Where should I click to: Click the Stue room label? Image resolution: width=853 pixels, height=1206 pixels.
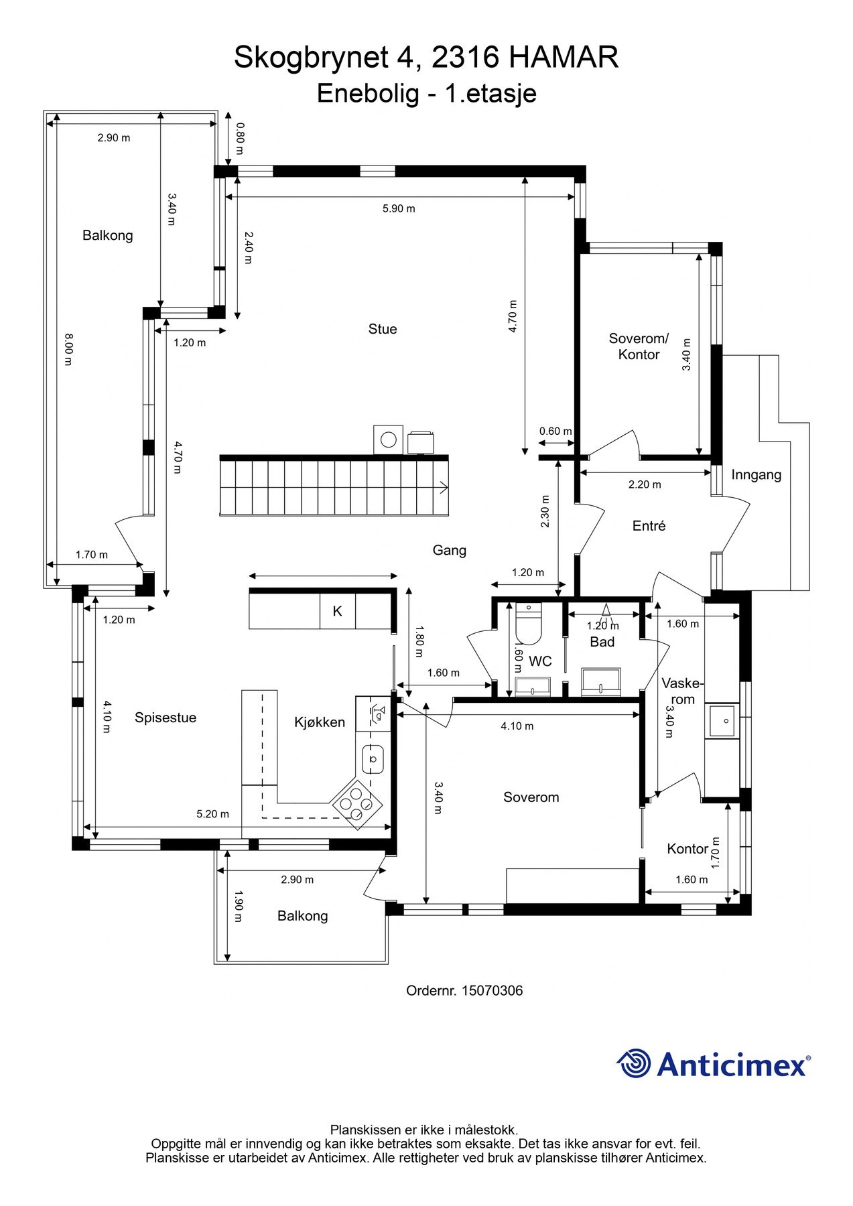[x=383, y=329]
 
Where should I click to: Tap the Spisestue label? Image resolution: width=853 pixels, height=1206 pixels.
[x=166, y=718]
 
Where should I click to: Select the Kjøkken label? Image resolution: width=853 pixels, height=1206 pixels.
[x=320, y=722]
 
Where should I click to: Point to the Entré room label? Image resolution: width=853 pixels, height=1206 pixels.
[x=649, y=526]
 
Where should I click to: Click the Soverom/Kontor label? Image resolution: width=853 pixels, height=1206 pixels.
[x=639, y=346]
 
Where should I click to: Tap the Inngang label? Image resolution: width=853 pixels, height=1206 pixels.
[x=757, y=475]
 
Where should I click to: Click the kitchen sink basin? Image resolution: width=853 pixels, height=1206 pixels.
[x=373, y=759]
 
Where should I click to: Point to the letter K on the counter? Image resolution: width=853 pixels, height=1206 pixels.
[x=338, y=611]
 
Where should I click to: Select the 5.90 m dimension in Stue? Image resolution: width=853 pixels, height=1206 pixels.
[x=399, y=208]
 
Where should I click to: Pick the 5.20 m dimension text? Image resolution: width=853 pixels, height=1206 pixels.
[x=212, y=814]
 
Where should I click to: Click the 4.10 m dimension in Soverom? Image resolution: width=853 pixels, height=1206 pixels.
[x=517, y=726]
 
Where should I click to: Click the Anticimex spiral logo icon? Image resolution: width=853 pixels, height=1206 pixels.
[x=633, y=1063]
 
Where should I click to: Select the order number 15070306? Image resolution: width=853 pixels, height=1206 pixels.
[x=492, y=990]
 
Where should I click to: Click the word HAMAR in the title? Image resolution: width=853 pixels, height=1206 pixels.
[x=564, y=58]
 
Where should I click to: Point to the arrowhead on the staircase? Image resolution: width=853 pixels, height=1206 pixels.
[x=444, y=487]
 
